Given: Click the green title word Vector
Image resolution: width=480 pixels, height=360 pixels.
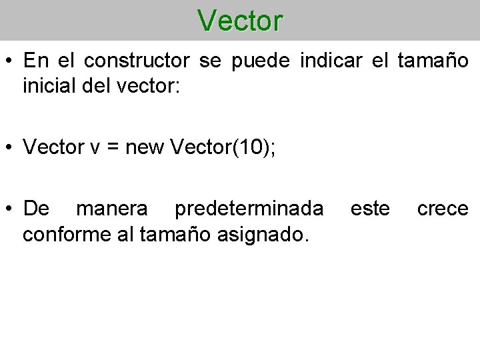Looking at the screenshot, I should click(240, 21).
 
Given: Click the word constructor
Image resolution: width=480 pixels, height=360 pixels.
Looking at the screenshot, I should click(139, 61).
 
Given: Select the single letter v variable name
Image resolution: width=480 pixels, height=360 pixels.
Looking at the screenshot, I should click(93, 148).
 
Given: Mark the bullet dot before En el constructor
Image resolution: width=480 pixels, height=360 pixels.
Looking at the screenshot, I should click(10, 62).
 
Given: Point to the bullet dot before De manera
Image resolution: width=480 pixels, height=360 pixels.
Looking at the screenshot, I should click(10, 209).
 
